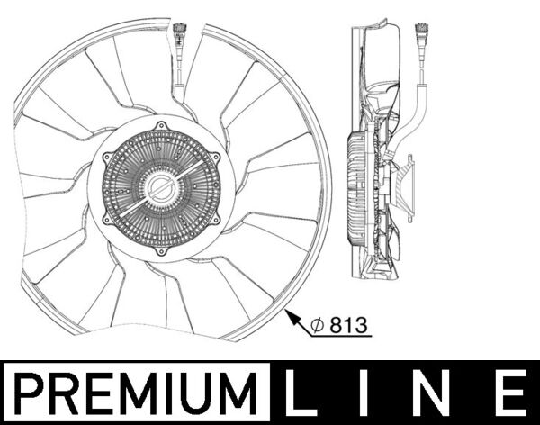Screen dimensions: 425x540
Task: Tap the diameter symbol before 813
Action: point(319,326)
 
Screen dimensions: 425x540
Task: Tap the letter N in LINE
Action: point(437,393)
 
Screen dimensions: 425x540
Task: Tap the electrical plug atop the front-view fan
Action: point(178,40)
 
